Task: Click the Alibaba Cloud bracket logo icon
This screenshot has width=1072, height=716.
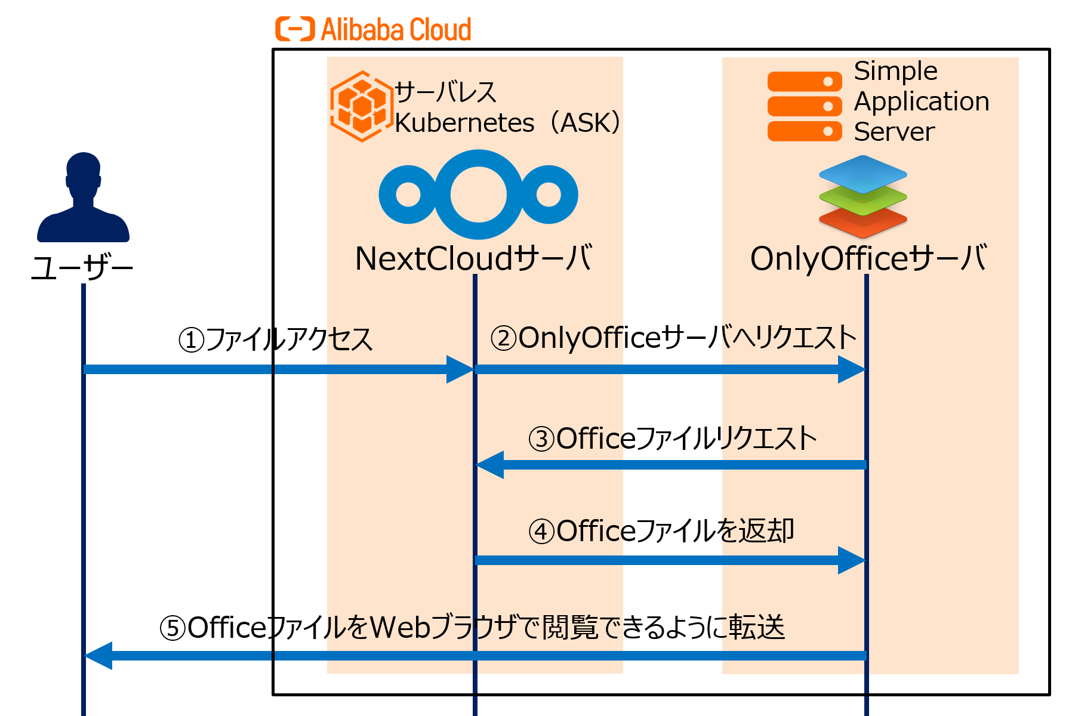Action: pos(294,29)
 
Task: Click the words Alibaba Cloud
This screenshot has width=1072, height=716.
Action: pos(396,29)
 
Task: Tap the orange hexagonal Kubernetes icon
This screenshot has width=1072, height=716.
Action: pos(361,106)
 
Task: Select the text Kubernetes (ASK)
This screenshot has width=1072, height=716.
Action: pos(507,123)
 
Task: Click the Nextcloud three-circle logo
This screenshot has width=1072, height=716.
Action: pos(478,195)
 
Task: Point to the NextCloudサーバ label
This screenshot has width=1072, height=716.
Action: pos(473,258)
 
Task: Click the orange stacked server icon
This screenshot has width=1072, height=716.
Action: pos(804,106)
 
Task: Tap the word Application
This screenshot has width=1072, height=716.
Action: pos(921,101)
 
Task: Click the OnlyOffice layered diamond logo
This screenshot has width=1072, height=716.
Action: pos(863,196)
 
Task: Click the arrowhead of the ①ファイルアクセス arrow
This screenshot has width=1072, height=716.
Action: pos(460,369)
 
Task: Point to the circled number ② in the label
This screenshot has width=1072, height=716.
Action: pos(504,338)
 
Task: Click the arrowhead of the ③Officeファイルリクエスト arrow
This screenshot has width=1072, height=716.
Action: pos(490,465)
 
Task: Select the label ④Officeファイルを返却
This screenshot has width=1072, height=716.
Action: pos(661,531)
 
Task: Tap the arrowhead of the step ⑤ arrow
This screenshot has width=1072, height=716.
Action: pos(99,656)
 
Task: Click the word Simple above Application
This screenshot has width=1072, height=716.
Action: pos(895,71)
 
